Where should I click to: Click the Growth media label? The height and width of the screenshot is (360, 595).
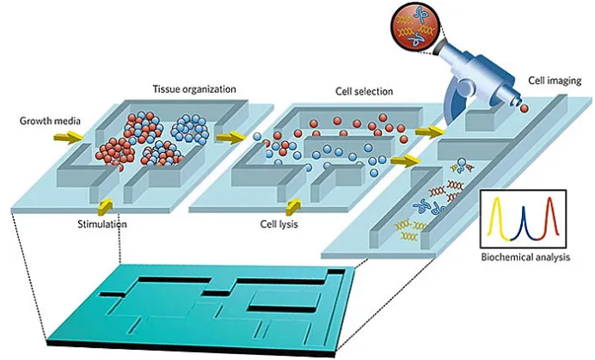(44, 120)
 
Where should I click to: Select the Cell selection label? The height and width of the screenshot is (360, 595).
(364, 90)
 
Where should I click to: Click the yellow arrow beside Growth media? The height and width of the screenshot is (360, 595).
(75, 136)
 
